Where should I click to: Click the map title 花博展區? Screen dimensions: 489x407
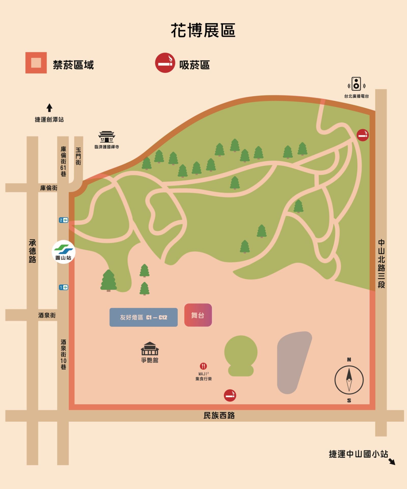tap(203, 30)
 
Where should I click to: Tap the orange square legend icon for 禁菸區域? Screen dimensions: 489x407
tap(36, 63)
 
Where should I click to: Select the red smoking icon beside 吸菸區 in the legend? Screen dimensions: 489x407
tap(165, 63)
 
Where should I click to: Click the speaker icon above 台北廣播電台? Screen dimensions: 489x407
tap(356, 84)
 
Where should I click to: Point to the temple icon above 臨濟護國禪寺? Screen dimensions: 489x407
tap(107, 137)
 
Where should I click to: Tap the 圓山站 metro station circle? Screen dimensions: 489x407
tap(63, 252)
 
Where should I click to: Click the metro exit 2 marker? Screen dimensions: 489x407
tap(63, 220)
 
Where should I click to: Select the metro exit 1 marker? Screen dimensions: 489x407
tap(63, 287)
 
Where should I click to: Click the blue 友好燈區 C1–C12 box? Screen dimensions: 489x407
tap(143, 317)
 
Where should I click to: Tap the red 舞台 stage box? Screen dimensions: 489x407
tap(198, 315)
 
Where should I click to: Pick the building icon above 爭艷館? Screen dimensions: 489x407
tap(150, 348)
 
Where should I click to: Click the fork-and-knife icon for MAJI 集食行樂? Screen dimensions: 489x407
tap(203, 366)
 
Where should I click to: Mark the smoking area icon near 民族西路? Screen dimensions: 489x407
tap(230, 395)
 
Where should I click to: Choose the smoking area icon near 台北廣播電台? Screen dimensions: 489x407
tap(362, 135)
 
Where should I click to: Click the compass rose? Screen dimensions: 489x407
tap(349, 380)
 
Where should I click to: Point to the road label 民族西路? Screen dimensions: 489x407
tap(219, 415)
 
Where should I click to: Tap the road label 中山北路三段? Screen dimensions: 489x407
tap(381, 263)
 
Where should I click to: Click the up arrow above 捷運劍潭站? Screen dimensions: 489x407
tap(49, 108)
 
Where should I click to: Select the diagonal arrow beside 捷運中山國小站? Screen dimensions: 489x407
tap(392, 462)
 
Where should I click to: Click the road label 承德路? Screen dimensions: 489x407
tap(32, 251)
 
